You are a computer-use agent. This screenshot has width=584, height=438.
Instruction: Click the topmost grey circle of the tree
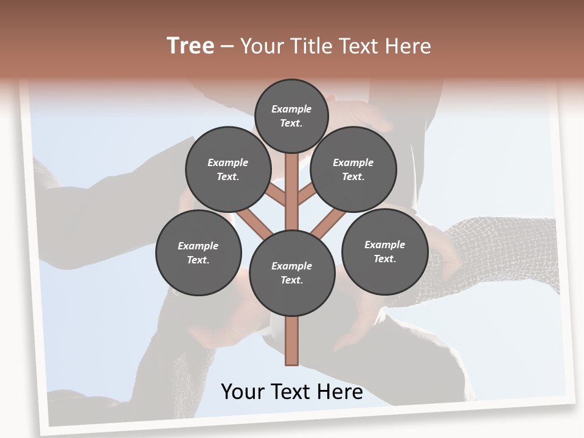[291, 116]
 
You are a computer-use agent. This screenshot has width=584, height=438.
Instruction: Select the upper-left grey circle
[228, 169]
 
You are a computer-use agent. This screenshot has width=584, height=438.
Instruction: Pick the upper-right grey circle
[353, 169]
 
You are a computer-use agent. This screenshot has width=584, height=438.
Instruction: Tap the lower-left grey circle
[198, 252]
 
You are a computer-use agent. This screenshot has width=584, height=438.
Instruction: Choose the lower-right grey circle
[385, 251]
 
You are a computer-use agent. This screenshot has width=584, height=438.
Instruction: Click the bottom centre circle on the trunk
[292, 273]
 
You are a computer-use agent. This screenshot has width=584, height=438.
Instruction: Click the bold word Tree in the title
[190, 46]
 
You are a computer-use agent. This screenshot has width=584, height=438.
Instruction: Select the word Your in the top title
[262, 46]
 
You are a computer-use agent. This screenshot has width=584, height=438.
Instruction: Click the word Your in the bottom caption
[243, 391]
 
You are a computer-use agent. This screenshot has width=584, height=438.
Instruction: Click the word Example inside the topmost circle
[291, 109]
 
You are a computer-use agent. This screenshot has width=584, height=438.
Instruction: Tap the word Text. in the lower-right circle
[384, 259]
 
